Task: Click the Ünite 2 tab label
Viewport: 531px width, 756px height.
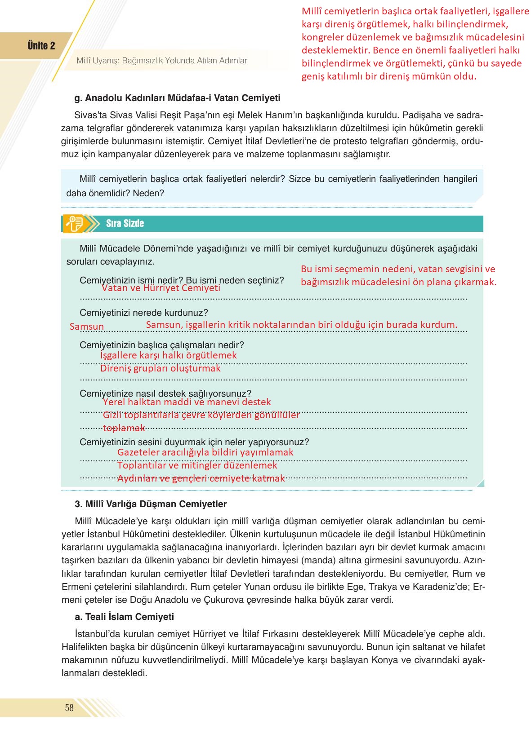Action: pos(41,46)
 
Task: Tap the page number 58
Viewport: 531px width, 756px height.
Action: pos(69,708)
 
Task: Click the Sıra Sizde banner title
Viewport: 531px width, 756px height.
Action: pos(125,224)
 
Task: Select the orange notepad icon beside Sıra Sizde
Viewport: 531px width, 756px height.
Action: pos(73,224)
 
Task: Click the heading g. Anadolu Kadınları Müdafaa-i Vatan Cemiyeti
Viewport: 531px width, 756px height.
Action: pos(177,98)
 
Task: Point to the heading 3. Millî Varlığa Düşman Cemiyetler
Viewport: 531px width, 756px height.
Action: pos(151,504)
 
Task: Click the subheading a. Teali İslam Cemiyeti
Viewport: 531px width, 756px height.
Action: pos(124,617)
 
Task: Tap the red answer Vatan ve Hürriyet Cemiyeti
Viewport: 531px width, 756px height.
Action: pos(161,288)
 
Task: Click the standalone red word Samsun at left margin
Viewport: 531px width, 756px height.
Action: pos(87,327)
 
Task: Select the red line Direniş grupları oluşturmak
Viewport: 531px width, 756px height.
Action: pos(160,368)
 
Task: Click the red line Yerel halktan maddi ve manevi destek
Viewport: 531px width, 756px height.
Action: pos(187,402)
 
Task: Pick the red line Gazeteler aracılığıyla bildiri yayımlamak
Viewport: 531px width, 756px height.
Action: pos(205,452)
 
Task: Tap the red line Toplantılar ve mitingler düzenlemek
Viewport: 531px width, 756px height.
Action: pos(197,465)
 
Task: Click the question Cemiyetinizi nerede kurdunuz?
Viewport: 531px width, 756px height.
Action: pos(143,313)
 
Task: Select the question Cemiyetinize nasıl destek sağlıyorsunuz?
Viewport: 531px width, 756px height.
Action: pos(165,393)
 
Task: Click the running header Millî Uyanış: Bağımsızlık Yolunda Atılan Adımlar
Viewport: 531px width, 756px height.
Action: pos(161,61)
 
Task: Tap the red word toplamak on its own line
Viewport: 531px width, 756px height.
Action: pos(124,428)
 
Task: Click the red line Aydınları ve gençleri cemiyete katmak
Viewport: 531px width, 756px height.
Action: pos(201,478)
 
